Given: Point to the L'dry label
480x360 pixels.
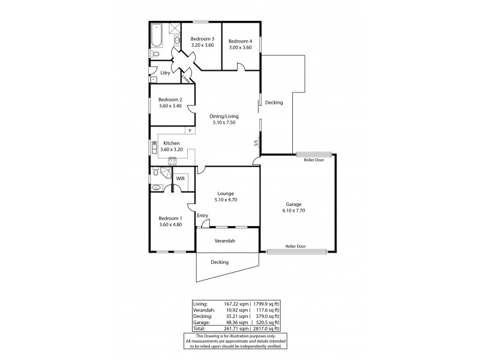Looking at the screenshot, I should point(165,73).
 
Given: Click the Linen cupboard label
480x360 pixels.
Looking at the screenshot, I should point(186,78).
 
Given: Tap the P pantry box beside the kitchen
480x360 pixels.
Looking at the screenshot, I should point(190,130).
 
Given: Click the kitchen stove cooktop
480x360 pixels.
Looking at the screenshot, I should point(172,160).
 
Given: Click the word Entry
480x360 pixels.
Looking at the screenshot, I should point(202,216).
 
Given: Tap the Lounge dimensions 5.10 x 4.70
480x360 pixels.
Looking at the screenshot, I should point(228,200).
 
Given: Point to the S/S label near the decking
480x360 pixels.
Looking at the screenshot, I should point(256,143).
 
